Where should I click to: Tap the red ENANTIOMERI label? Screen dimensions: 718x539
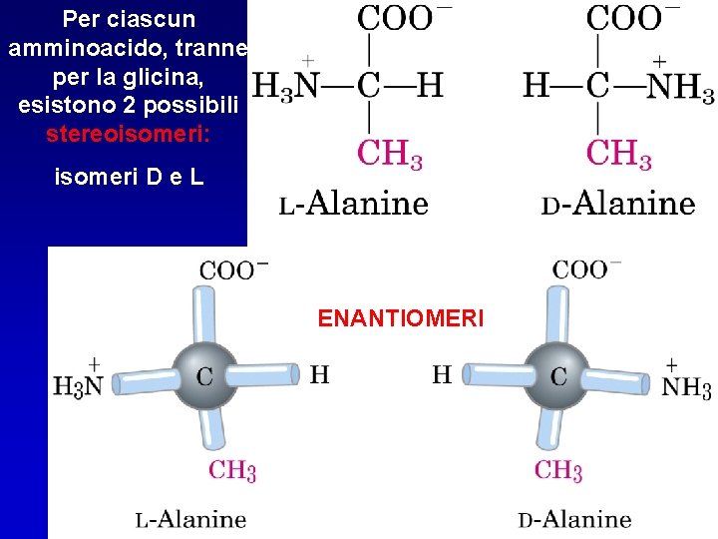coord(400,318)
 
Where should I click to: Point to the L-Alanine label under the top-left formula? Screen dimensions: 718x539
coord(353,205)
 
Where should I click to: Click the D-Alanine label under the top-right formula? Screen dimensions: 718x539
coord(618,205)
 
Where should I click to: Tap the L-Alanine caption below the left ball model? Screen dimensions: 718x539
coord(191,518)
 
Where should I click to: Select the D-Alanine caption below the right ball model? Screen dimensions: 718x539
coord(574,518)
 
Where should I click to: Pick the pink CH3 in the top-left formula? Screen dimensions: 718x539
coord(390,155)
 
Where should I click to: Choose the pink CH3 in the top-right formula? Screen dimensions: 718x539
coord(618,155)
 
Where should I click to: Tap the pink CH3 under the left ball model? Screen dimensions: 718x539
coord(232,469)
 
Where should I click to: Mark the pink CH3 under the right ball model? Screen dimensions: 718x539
coord(558,469)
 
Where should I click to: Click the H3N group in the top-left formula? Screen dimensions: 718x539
coord(285,87)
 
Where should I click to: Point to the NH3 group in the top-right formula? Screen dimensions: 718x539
coord(680,87)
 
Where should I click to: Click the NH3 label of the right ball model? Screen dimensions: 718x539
coord(686,386)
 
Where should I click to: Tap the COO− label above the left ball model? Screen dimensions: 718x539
coord(233,269)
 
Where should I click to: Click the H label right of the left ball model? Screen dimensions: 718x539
coord(319,375)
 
